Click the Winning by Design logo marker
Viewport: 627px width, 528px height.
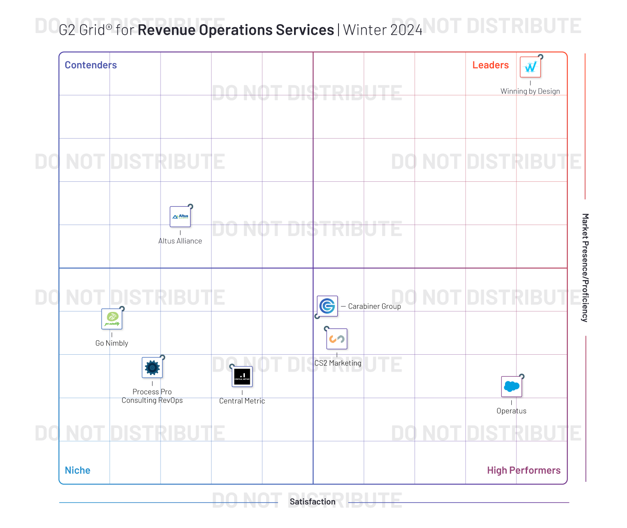point(530,67)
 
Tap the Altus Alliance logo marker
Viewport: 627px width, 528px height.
point(180,217)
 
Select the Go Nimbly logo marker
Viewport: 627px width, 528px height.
point(112,319)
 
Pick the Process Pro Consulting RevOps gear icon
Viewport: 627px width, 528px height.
point(152,367)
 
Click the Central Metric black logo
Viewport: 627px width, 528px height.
point(242,377)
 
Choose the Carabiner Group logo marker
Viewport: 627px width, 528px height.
point(327,306)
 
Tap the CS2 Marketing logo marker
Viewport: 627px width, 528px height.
point(337,339)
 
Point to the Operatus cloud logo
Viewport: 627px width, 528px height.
point(511,386)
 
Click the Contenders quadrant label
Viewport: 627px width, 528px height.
point(91,65)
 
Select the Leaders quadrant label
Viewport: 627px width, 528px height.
point(491,65)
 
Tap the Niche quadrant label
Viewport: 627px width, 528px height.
point(78,470)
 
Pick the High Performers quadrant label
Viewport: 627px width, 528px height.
point(524,470)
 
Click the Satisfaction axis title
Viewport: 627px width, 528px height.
point(313,502)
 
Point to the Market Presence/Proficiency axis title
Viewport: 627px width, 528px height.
point(585,268)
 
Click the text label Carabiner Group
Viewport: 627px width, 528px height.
point(375,306)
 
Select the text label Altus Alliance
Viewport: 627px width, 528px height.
point(180,241)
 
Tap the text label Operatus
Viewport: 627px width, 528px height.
point(511,411)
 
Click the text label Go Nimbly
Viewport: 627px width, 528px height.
point(112,343)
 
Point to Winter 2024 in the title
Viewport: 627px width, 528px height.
point(383,30)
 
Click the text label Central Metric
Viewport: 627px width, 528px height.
point(242,401)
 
